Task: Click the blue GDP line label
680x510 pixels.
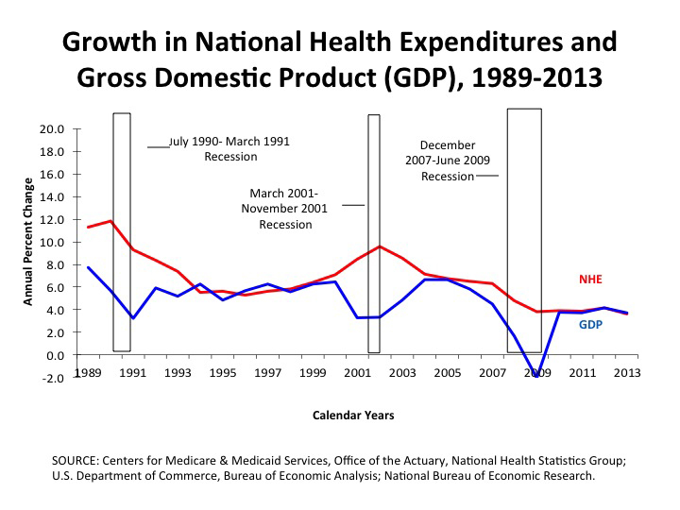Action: (590, 325)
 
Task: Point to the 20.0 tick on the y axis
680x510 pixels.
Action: (52, 128)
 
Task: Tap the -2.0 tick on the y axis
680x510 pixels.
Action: (52, 378)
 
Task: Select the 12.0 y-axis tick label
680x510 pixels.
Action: (52, 219)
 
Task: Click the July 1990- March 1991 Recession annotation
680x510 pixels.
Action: (229, 148)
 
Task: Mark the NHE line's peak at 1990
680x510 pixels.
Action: (111, 221)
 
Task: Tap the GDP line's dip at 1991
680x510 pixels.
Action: (133, 318)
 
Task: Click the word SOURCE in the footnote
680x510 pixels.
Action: (81, 460)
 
